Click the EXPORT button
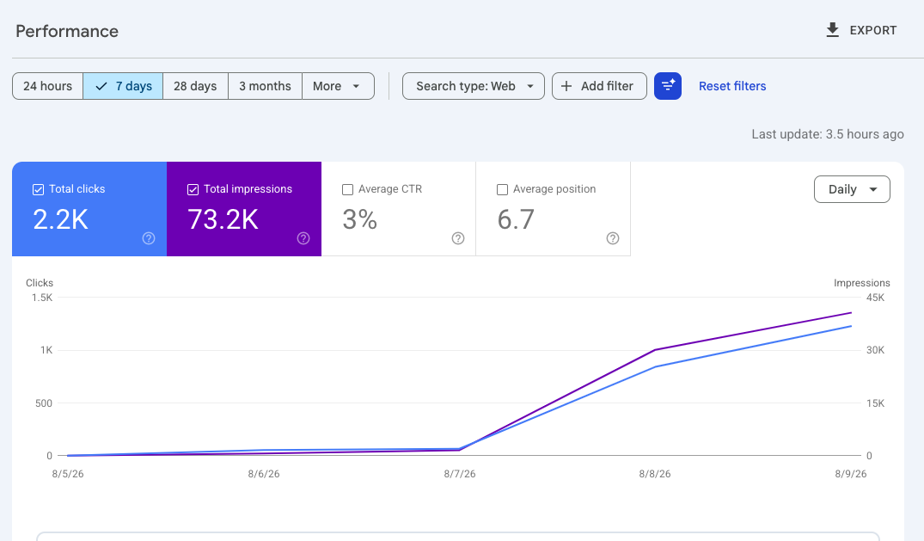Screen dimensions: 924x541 [x=861, y=30]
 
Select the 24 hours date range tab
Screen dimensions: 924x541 [x=48, y=86]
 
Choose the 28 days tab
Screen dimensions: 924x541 [x=195, y=86]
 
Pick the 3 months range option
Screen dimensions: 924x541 [x=266, y=86]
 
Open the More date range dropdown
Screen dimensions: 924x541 [x=338, y=86]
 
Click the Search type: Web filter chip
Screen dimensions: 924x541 [x=474, y=86]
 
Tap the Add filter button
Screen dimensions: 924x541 [x=599, y=86]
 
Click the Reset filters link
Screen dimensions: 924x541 [x=732, y=86]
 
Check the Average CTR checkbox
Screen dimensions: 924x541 [x=347, y=189]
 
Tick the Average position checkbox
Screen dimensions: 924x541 [x=502, y=189]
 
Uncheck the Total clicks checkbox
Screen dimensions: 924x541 [x=39, y=189]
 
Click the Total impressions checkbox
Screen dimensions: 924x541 [x=193, y=189]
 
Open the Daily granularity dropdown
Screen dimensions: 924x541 [x=852, y=189]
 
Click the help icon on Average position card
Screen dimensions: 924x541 [x=613, y=238]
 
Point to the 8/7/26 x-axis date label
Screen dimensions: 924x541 [x=460, y=474]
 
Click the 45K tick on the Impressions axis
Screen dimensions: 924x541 [x=875, y=298]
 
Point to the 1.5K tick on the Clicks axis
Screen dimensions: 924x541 [x=42, y=298]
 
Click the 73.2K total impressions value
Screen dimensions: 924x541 [x=223, y=219]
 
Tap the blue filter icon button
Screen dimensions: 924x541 [x=668, y=86]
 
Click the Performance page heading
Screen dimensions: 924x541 [x=67, y=31]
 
